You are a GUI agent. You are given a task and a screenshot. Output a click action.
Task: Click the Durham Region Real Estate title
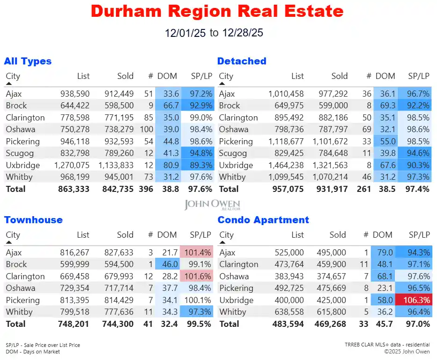point(217,11)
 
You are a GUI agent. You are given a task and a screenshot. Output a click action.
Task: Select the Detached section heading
point(242,61)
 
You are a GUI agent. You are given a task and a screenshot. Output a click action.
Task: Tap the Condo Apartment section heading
point(263,220)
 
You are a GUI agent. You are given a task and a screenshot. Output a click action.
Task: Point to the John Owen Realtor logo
point(212,205)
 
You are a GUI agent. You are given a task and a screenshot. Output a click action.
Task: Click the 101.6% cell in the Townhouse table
point(198,276)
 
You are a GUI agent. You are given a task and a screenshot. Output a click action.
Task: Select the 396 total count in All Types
point(146,189)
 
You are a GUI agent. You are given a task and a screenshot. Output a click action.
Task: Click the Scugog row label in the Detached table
point(232,153)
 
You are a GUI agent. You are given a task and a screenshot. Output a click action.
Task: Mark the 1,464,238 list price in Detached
point(286,165)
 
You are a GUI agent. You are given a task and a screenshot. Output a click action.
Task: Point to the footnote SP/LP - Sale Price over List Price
point(43,345)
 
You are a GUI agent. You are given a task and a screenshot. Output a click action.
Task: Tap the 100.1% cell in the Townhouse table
point(198,300)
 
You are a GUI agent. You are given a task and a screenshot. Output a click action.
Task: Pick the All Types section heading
point(28,61)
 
